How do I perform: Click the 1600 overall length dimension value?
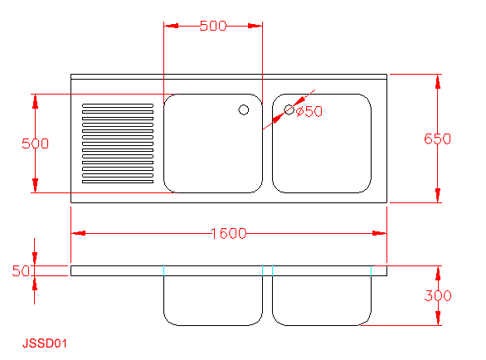[x=229, y=233]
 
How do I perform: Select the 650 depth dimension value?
[x=437, y=139]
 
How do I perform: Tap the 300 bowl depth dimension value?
[x=438, y=295]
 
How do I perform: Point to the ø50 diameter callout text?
[x=309, y=111]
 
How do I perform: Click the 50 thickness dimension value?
[x=21, y=270]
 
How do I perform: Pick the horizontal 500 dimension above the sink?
[x=213, y=26]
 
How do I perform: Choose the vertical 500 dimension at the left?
[x=35, y=144]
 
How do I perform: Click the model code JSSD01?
[x=45, y=343]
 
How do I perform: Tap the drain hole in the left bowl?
[x=244, y=109]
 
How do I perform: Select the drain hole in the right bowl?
[x=289, y=109]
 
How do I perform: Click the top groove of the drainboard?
[x=118, y=105]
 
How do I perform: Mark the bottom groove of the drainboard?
[x=118, y=182]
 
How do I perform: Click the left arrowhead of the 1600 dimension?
[x=79, y=233]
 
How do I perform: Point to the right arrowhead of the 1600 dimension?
[x=379, y=233]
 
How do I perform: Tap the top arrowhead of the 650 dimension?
[x=438, y=81]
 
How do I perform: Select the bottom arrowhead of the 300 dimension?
[x=438, y=319]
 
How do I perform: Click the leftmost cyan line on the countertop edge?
[x=163, y=270]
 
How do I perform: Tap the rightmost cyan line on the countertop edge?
[x=371, y=270]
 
